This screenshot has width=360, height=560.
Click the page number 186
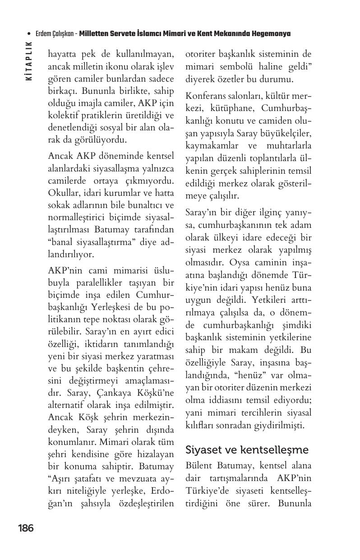point(26,528)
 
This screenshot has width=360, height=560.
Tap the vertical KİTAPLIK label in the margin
point(29,61)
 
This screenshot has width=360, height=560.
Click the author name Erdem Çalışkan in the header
point(55,34)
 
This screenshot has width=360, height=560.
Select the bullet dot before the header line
point(29,34)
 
